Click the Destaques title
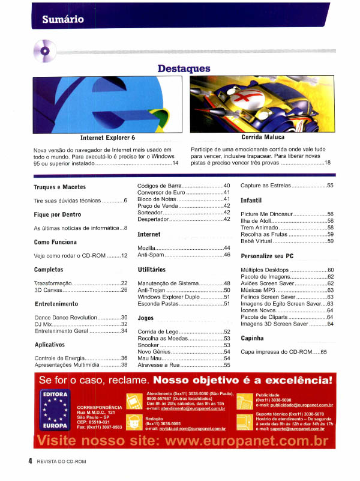[x=184, y=68]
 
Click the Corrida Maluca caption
[x=263, y=138]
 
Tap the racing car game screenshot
[x=261, y=105]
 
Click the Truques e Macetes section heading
[x=59, y=187]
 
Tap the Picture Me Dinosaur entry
[x=266, y=214]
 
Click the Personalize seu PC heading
[x=266, y=256]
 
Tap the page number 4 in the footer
[x=29, y=461]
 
